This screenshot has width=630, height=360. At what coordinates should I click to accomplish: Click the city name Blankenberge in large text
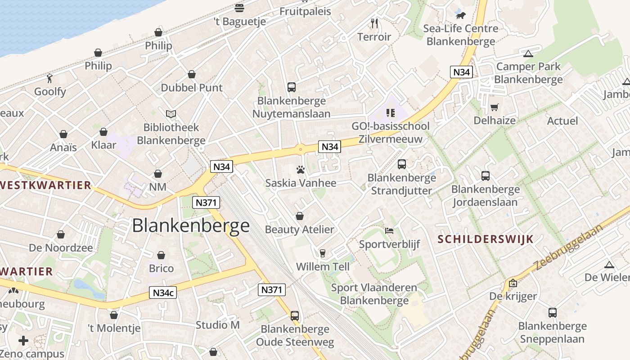(191, 225)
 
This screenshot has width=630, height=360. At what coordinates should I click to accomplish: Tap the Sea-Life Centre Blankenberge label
(461, 35)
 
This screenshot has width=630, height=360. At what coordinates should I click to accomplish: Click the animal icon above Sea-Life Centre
(461, 15)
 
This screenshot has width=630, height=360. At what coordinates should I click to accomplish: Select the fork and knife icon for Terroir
(374, 23)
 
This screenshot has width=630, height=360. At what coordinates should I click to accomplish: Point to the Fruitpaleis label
(305, 11)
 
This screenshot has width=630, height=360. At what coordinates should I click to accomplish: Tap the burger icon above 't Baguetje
(239, 8)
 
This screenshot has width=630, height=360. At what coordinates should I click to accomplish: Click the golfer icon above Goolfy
(50, 78)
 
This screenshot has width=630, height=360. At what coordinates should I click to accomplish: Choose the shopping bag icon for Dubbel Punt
(192, 74)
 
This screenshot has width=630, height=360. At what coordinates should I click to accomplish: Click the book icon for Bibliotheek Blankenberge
(171, 114)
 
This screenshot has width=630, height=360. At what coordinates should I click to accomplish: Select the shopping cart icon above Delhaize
(495, 107)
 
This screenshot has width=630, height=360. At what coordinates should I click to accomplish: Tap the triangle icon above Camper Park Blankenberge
(528, 54)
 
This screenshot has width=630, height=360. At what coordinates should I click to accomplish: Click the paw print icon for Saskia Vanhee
(301, 170)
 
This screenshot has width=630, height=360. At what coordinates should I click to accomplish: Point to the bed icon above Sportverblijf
(389, 231)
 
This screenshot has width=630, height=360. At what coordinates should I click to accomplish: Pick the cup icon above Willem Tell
(322, 253)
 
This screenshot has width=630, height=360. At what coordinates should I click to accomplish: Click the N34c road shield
(163, 292)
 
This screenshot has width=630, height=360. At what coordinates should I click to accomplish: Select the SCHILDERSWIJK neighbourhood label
(486, 239)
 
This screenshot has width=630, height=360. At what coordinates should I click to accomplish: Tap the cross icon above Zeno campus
(23, 340)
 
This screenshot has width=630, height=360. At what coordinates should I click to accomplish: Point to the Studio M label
(218, 324)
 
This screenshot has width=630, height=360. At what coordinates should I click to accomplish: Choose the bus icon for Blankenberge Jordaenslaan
(485, 175)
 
